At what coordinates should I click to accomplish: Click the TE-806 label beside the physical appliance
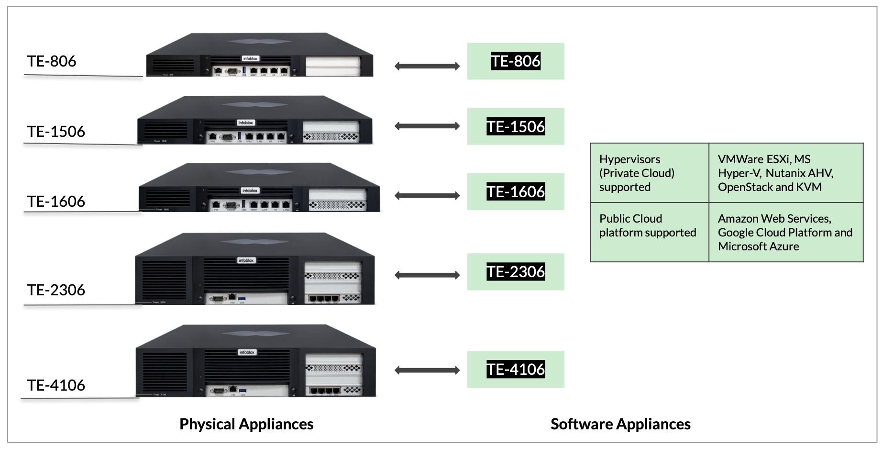click(x=52, y=61)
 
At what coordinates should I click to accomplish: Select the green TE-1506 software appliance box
click(x=516, y=126)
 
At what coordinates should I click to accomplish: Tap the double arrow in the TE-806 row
click(x=427, y=66)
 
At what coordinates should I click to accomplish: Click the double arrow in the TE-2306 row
click(x=427, y=275)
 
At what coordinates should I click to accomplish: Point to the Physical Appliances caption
click(x=246, y=424)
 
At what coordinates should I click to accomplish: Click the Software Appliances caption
click(x=620, y=424)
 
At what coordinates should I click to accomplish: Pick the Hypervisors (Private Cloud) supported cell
click(x=649, y=173)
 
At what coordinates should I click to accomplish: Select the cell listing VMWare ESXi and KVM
click(x=785, y=173)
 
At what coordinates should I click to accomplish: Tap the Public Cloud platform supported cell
click(x=649, y=232)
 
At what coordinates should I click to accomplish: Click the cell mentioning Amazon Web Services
click(x=785, y=232)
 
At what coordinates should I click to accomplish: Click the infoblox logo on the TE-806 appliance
click(x=250, y=58)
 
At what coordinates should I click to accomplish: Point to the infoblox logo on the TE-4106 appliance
click(x=247, y=352)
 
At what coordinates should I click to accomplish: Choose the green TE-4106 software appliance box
click(x=516, y=369)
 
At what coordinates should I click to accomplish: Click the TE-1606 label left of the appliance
click(x=56, y=202)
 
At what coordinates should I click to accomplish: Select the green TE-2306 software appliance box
click(x=516, y=271)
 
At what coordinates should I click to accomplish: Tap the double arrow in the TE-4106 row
click(x=427, y=370)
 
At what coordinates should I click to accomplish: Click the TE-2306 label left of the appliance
click(x=56, y=290)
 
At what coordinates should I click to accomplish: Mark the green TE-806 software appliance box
click(x=516, y=61)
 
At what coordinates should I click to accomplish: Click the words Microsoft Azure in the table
click(x=758, y=247)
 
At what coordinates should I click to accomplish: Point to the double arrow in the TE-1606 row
click(x=427, y=195)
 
